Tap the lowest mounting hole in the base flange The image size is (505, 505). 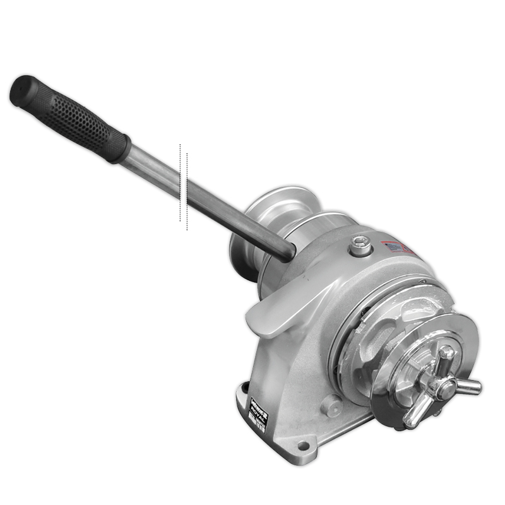pos(305,447)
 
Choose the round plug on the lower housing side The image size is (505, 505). pos(332,405)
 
